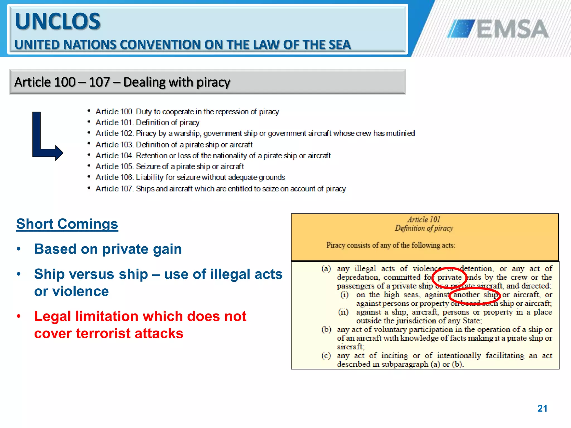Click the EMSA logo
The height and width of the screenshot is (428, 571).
tap(498, 28)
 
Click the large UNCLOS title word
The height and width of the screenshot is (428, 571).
tap(57, 21)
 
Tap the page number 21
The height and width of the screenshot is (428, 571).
tap(542, 408)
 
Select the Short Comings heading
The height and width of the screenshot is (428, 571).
tap(67, 224)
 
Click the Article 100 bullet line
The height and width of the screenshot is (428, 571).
tap(187, 112)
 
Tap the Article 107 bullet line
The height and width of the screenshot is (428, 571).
tap(220, 189)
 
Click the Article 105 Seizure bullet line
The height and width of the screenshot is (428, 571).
tap(170, 167)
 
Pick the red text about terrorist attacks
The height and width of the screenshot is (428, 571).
tap(140, 325)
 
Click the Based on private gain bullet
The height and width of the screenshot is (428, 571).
tap(108, 249)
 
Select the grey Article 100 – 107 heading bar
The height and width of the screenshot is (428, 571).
tap(207, 82)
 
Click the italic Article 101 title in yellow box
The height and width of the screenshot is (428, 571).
tap(424, 220)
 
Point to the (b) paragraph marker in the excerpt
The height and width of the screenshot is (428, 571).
tap(326, 329)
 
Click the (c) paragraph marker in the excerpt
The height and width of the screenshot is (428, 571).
tap(326, 356)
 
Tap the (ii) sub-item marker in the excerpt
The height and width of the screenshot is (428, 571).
tap(343, 312)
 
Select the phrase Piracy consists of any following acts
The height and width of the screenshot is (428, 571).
tap(391, 245)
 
